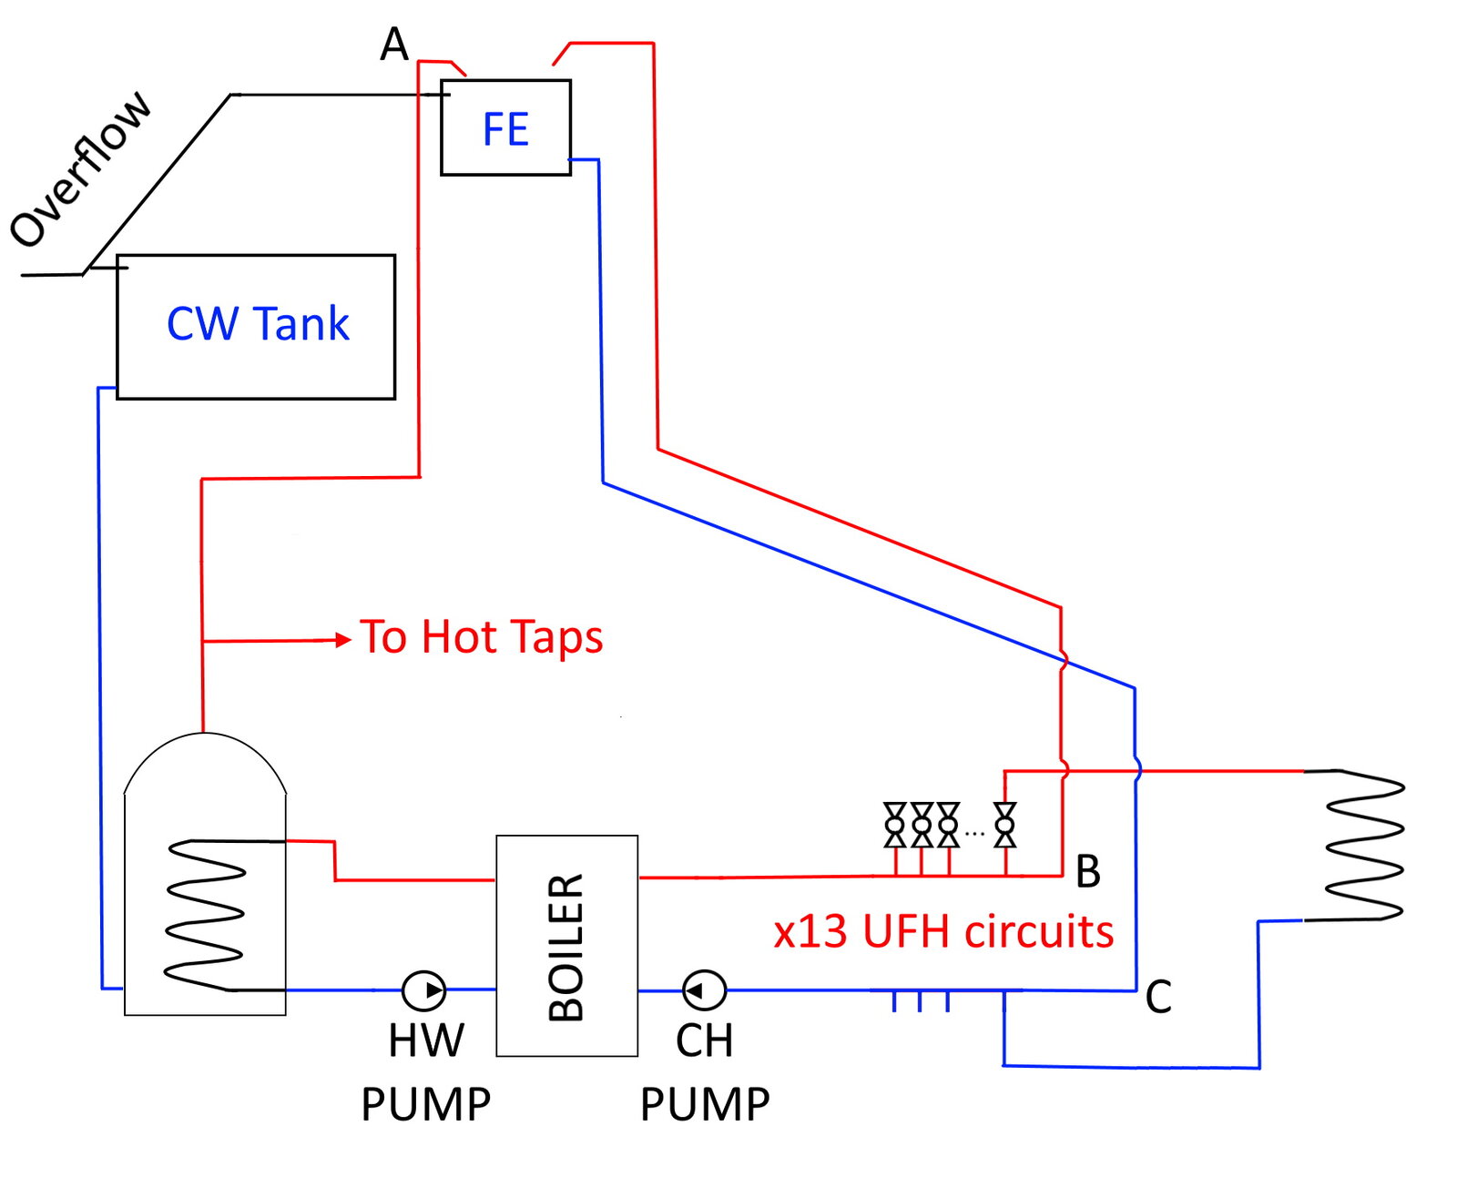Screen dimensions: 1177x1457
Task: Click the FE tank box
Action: tap(505, 127)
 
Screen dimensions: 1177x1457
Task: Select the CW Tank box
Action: tap(256, 326)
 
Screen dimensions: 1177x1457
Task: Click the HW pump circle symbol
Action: tap(423, 989)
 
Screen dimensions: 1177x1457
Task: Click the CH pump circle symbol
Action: tap(704, 989)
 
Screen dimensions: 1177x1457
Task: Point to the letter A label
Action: tap(394, 44)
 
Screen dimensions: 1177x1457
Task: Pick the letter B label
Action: tap(1087, 871)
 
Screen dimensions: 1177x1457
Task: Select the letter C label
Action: tap(1157, 997)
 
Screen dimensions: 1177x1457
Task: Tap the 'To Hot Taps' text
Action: tap(481, 636)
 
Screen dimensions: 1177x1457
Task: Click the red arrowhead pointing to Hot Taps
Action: tap(343, 640)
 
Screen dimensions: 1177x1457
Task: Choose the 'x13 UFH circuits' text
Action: tap(943, 931)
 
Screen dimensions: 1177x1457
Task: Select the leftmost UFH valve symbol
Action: tap(895, 825)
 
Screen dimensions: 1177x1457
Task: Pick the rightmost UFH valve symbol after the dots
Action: tap(1004, 825)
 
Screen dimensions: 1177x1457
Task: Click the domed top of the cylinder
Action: tap(205, 756)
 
